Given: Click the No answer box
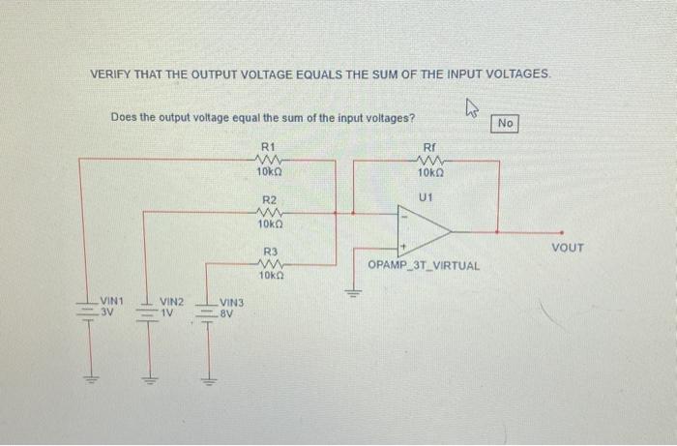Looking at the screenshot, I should (507, 123).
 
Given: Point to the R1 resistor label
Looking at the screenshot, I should (268, 146).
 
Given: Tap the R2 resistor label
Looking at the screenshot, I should (269, 199).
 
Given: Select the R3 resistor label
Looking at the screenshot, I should (271, 252).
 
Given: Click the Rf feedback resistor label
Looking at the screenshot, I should (430, 146).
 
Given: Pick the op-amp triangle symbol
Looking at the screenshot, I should (423, 231).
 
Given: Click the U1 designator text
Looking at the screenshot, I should (425, 197).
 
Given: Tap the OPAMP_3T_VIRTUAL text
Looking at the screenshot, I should (424, 264).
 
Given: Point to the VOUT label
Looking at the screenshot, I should (567, 249).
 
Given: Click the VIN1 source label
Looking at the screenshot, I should (112, 301).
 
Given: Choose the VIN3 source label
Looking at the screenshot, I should (232, 303).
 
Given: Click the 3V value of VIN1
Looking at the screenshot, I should (109, 312).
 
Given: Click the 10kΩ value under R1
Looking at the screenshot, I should (269, 171).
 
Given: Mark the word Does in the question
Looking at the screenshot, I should (125, 118).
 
